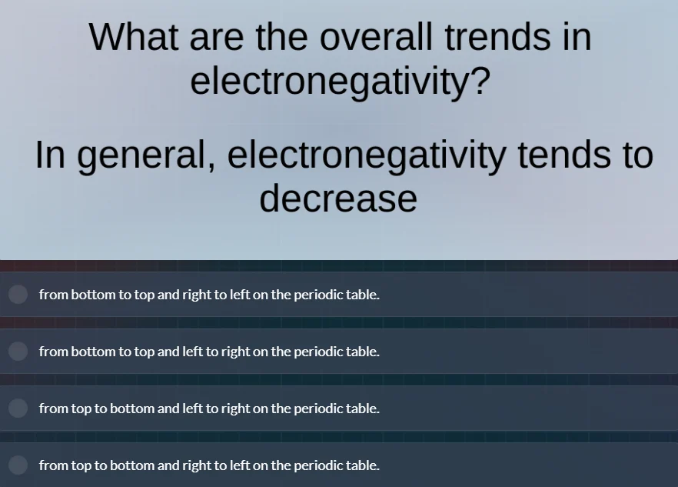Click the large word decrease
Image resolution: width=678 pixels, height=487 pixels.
[338, 198]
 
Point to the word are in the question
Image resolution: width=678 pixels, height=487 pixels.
[224, 36]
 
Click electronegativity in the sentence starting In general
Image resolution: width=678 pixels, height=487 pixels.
[367, 155]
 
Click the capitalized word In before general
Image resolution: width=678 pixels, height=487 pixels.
[50, 155]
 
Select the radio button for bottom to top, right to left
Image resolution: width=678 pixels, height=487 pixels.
[18, 294]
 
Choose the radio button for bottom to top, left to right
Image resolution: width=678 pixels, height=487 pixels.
[18, 351]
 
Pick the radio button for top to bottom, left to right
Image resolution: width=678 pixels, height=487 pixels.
[18, 408]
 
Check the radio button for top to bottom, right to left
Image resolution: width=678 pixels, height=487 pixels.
[18, 465]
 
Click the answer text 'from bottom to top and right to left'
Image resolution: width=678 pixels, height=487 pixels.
[209, 294]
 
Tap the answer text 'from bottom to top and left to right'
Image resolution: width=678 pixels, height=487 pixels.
[209, 351]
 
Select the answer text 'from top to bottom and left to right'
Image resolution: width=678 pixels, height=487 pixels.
[209, 408]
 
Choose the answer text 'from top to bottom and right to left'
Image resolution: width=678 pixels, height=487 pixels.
[209, 465]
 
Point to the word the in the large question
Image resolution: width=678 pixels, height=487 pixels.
[291, 36]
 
